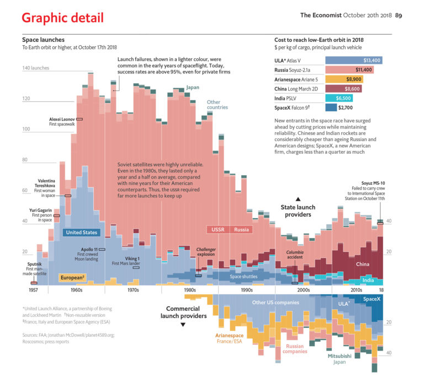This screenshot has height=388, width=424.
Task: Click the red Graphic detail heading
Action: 62,18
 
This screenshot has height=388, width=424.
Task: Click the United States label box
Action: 81,233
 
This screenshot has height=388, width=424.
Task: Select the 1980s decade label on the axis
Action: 189,289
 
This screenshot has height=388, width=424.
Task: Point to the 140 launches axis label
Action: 35,68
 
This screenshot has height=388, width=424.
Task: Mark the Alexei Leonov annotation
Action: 62,119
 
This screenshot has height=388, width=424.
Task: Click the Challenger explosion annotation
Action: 206,252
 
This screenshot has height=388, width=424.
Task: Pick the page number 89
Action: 398,15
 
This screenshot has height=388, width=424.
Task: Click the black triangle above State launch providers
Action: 298,199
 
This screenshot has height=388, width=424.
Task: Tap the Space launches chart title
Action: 43,40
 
